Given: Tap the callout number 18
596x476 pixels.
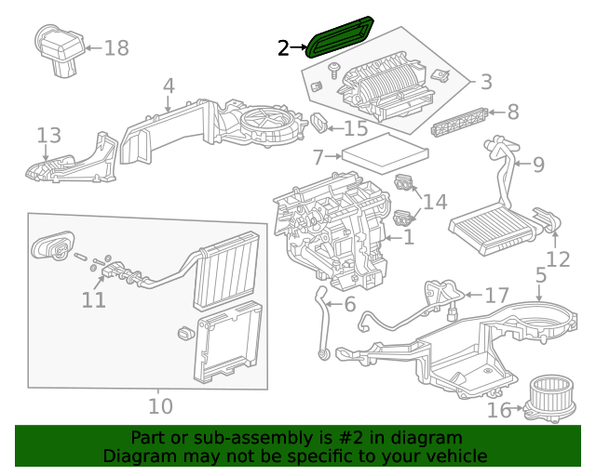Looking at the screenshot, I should [116, 47].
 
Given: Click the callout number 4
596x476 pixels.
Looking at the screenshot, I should [169, 86].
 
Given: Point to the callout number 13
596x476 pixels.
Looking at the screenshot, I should [48, 137].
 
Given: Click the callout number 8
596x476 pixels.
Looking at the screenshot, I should [512, 112].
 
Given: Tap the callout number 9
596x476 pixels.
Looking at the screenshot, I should [537, 165].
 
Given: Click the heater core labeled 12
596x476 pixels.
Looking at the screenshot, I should [489, 226].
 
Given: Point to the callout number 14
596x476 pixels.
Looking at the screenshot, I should [435, 202].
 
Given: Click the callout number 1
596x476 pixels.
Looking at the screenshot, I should [408, 238].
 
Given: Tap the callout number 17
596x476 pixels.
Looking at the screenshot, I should [496, 296].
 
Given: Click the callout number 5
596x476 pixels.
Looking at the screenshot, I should [542, 274].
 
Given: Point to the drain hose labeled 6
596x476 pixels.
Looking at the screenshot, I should [321, 321].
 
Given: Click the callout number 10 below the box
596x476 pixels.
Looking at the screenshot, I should [160, 406].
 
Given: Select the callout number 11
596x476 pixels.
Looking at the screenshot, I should [93, 299].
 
